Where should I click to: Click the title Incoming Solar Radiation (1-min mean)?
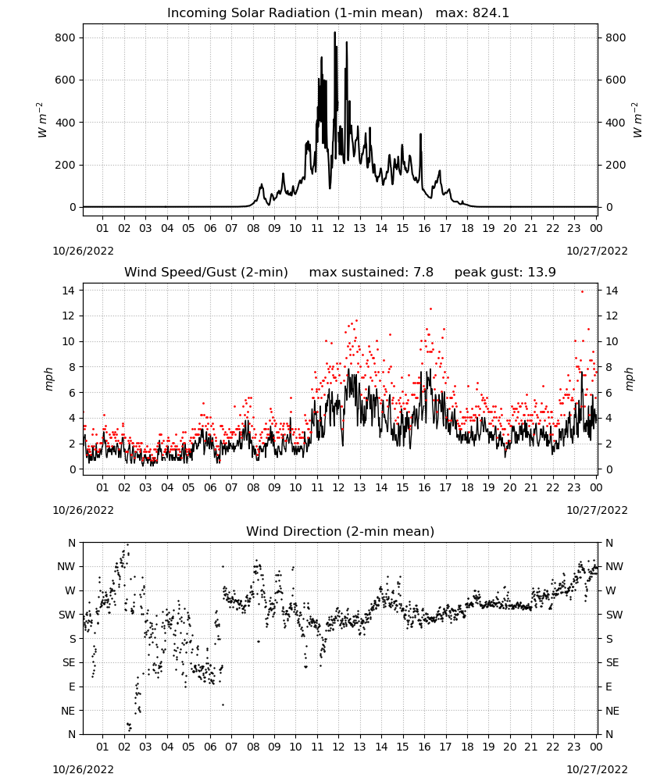point(295,13)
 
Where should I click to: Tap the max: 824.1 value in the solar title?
point(473,13)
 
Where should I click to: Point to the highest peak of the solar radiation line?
point(335,32)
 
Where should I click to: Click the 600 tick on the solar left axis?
point(66,80)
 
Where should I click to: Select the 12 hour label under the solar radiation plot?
point(338,228)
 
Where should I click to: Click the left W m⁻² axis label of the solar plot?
point(42,120)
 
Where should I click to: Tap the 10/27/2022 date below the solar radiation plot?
point(597,251)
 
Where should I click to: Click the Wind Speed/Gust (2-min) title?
point(205,273)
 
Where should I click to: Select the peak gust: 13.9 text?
point(505,273)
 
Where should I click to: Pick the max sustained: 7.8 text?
point(371,273)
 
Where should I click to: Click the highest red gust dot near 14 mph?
point(582,291)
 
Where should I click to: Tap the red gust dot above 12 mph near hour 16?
point(431,308)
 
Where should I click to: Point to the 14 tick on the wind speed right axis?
point(611,291)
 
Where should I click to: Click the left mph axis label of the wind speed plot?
point(48,379)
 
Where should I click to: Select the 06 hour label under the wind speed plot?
point(209,487)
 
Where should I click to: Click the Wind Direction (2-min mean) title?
point(341,531)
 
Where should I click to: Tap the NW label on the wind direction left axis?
point(66,567)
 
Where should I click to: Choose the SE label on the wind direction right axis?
point(612,663)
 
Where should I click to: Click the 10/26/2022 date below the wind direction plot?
point(83,769)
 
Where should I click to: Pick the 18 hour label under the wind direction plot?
point(466,747)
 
